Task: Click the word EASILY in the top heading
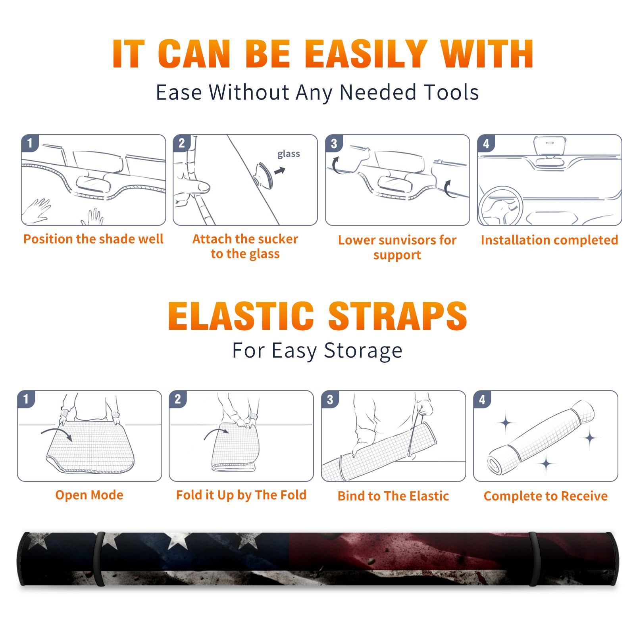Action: coord(366,54)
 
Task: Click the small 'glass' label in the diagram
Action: coord(289,154)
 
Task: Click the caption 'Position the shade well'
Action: coord(93,239)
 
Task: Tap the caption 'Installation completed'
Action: coord(549,240)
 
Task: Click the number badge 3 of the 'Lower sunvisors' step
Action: coord(334,144)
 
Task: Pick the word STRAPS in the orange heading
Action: coord(398,316)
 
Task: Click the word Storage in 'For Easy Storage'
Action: coord(363,351)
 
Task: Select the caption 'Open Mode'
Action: coord(89,495)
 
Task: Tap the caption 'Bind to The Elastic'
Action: coord(393,496)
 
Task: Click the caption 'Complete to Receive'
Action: coord(546,496)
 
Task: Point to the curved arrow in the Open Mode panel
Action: coord(56,430)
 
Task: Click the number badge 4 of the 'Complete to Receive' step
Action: coord(482,399)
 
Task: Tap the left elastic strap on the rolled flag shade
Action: coord(99,559)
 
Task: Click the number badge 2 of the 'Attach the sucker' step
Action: coord(181,143)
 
